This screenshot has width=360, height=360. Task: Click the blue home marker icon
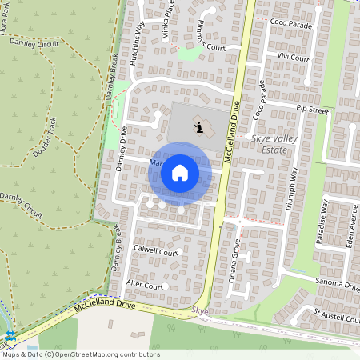click(180, 173)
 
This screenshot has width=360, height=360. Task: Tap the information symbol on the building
click(198, 126)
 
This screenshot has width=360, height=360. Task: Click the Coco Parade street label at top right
click(290, 23)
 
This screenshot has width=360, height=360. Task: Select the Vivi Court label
click(293, 58)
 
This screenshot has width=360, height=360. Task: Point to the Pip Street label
click(312, 108)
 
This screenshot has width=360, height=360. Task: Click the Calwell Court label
click(155, 251)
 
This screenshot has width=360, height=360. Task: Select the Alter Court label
click(145, 286)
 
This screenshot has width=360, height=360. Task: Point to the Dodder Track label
click(45, 136)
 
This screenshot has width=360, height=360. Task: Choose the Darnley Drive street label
click(123, 148)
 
